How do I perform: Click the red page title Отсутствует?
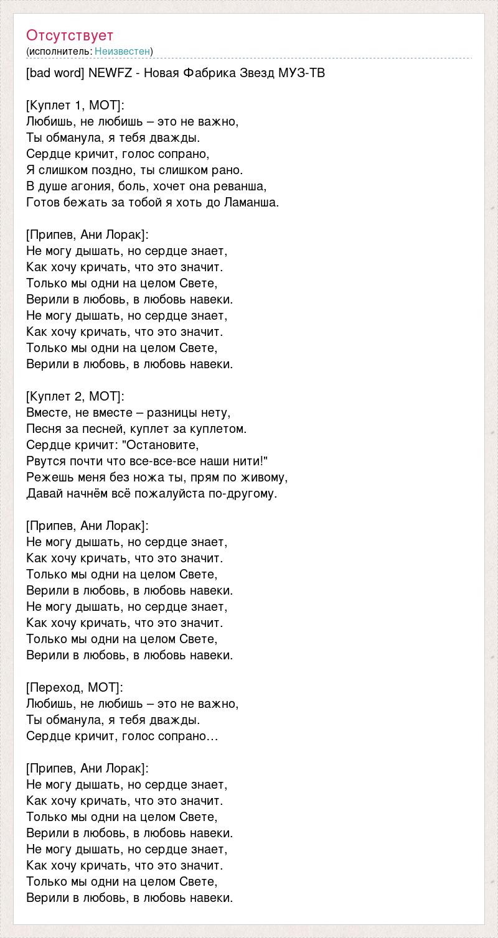click(70, 35)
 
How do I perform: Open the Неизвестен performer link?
click(123, 51)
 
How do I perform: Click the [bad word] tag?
click(55, 73)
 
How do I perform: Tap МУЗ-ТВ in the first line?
click(301, 73)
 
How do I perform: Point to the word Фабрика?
click(209, 73)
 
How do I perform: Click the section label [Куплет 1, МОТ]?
click(75, 105)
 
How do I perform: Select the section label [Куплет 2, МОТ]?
click(75, 396)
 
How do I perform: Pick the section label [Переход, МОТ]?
click(75, 687)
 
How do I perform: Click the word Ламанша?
click(251, 202)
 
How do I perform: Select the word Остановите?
click(161, 445)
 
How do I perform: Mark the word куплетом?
click(218, 429)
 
